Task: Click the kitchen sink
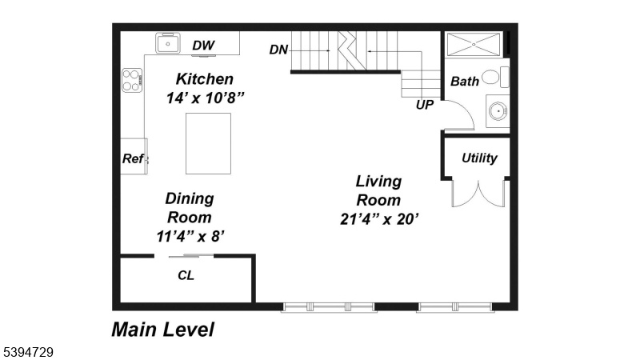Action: (167, 43)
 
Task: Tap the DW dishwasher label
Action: (203, 46)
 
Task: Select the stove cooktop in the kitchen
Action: (132, 80)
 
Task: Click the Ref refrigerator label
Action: (133, 158)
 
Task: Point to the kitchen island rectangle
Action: (208, 144)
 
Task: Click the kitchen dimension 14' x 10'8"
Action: (205, 98)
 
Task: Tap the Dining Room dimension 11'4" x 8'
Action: (190, 236)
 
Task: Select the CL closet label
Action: (186, 275)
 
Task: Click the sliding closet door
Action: (191, 256)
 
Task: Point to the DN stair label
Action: (278, 50)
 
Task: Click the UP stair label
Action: (425, 105)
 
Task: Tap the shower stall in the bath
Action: (474, 44)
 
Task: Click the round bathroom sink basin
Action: (498, 110)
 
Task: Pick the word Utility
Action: (479, 158)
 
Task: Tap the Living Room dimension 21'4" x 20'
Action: (379, 219)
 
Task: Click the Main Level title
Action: (163, 330)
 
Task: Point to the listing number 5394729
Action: (29, 352)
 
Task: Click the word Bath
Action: (465, 82)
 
